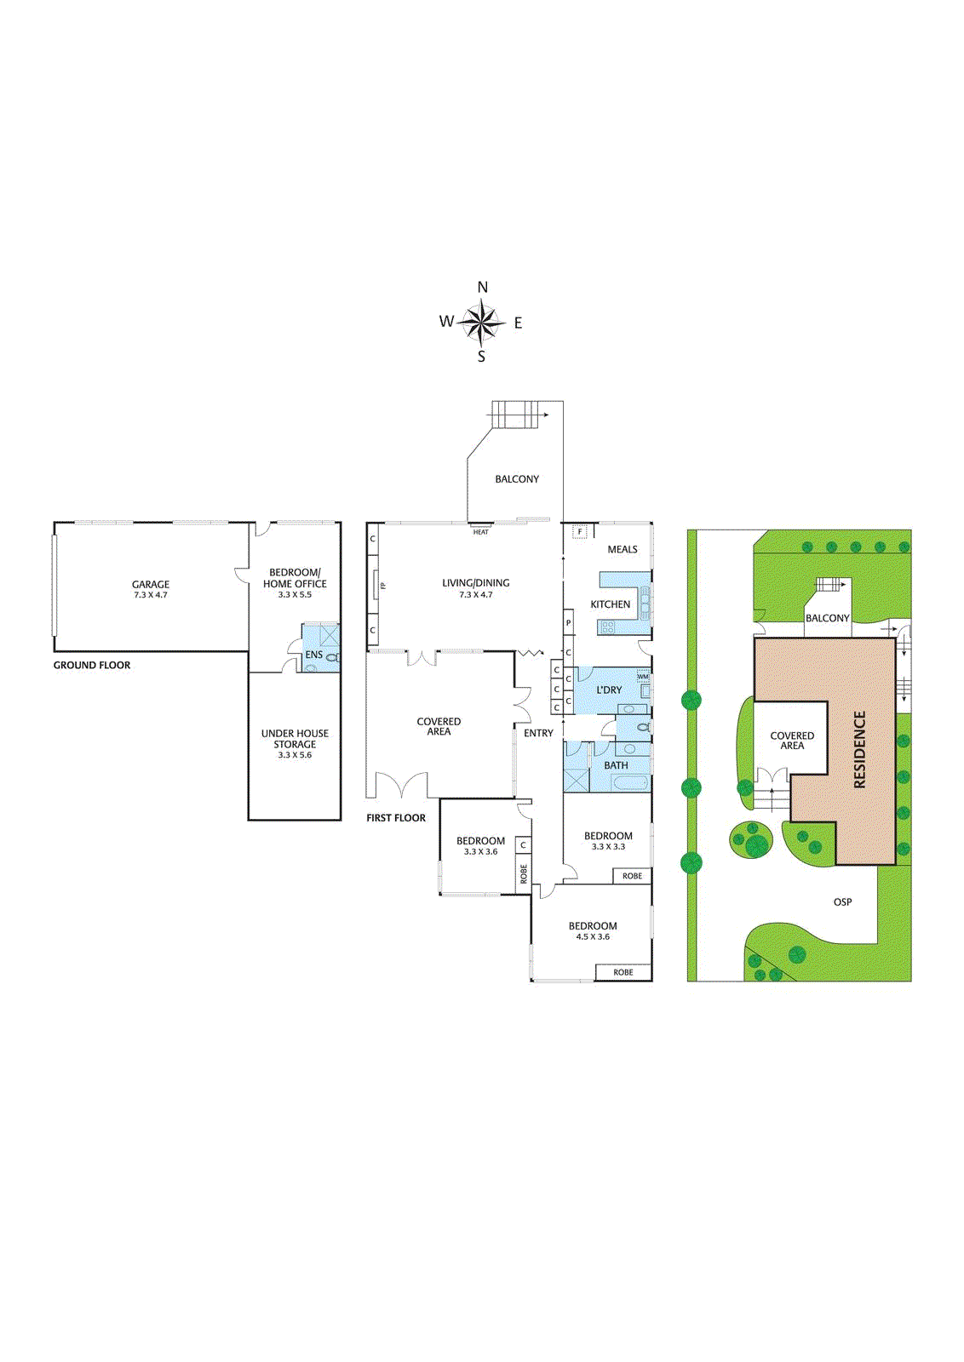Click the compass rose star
[x=482, y=322]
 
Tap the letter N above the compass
[x=482, y=288]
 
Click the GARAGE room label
[x=151, y=584]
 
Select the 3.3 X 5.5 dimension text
[x=295, y=595]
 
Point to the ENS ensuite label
[x=314, y=655]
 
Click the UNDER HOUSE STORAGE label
[x=295, y=739]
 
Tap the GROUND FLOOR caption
[x=92, y=665]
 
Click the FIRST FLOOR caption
[x=396, y=818]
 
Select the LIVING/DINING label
[x=476, y=582]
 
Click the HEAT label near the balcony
[x=480, y=532]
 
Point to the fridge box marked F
[x=580, y=531]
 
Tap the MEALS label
[x=623, y=549]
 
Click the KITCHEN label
[x=610, y=604]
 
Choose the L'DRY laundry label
[x=609, y=690]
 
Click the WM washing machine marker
[x=643, y=676]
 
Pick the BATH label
[x=616, y=765]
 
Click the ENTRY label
[x=538, y=733]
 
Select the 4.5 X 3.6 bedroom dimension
[x=593, y=936]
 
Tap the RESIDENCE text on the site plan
[x=859, y=750]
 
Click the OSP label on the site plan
[x=842, y=901]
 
